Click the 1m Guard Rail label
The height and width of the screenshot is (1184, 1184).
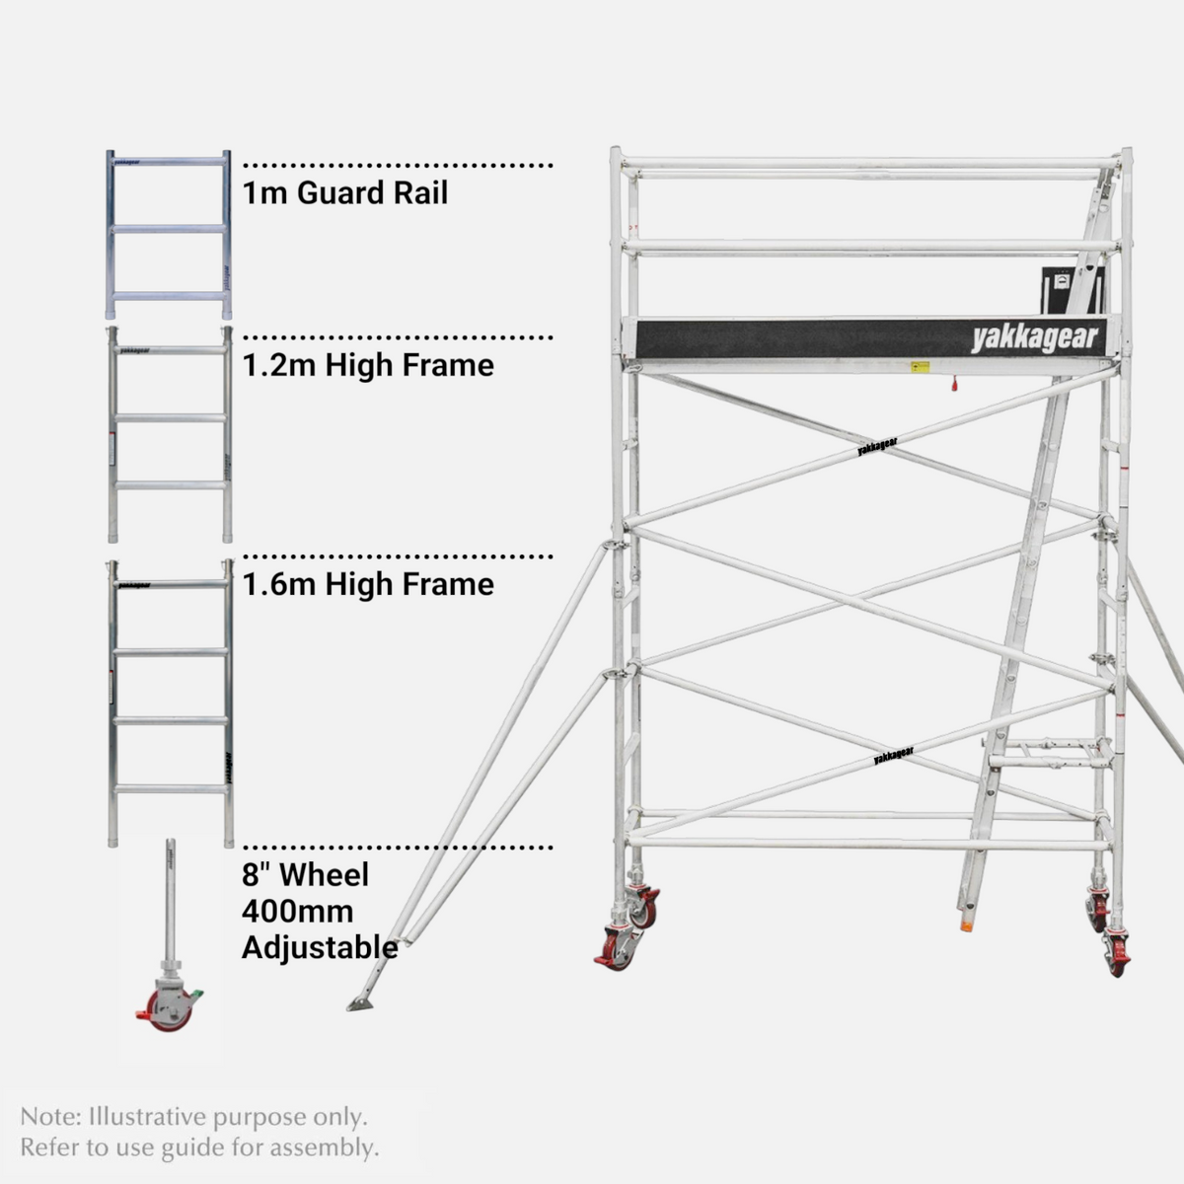point(344,193)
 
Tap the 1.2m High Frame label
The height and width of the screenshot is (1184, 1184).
point(368,365)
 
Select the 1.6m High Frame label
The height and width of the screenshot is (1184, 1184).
point(368,584)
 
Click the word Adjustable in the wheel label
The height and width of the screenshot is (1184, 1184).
point(320,948)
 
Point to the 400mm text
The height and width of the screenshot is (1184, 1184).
point(297,912)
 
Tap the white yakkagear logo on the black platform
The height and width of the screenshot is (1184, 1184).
point(1034,338)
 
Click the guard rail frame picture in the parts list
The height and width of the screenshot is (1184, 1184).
point(169,234)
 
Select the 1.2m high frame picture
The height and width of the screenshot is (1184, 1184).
point(170,434)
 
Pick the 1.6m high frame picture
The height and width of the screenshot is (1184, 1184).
point(171,703)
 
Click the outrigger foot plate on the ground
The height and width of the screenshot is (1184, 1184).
point(360,1005)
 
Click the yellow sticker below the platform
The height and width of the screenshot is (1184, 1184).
point(920,367)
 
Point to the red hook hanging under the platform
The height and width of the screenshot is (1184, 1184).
point(954,385)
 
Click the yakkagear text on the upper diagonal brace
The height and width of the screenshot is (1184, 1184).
point(877,446)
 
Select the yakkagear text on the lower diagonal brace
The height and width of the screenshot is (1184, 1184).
point(893,755)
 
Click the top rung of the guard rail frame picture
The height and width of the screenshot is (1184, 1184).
point(169,162)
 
